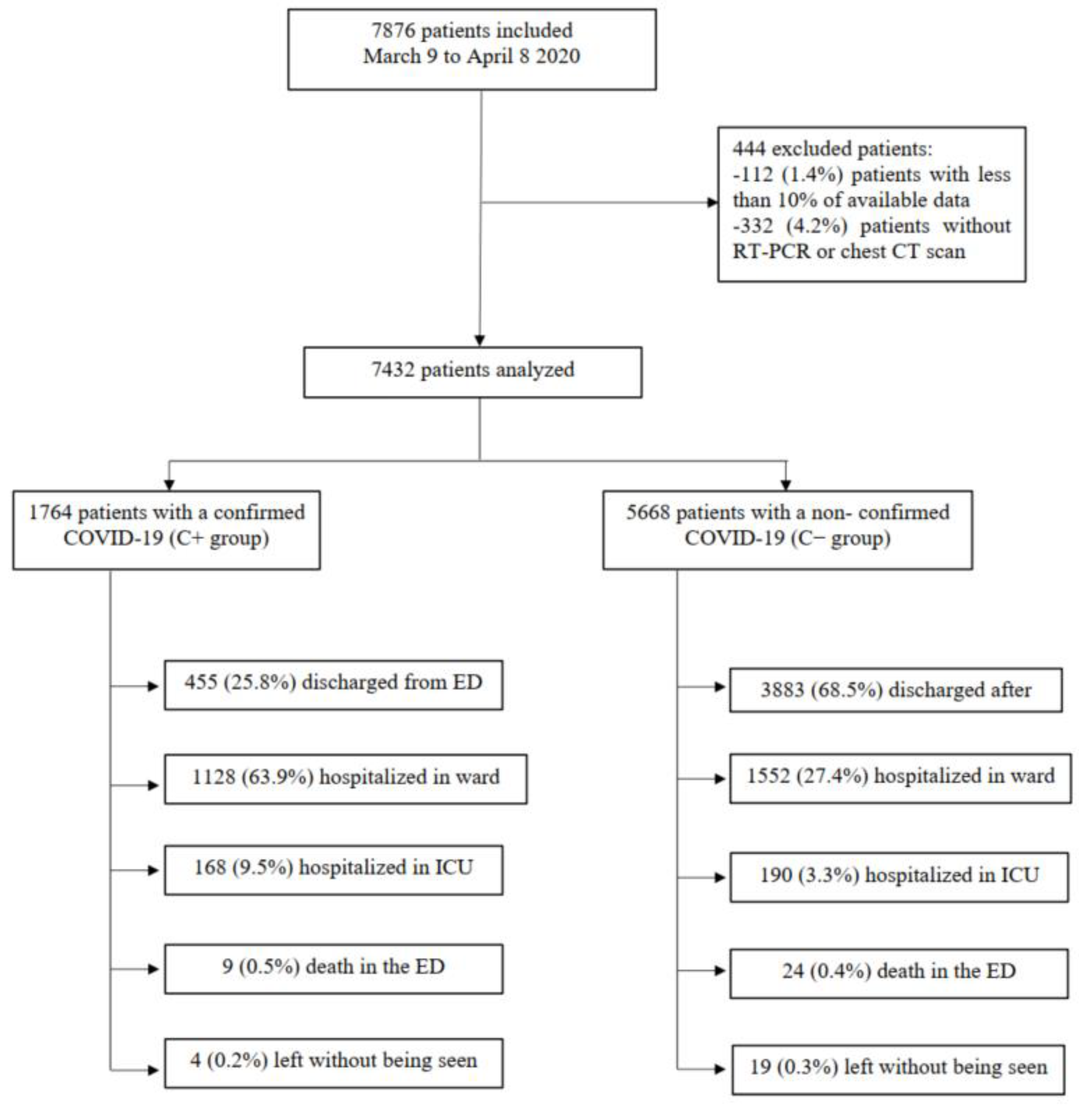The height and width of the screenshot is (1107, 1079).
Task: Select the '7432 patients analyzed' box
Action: coord(473,372)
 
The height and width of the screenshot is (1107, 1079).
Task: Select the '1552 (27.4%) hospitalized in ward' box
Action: coord(900,778)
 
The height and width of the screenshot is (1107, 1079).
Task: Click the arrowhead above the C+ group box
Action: coord(169,485)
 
